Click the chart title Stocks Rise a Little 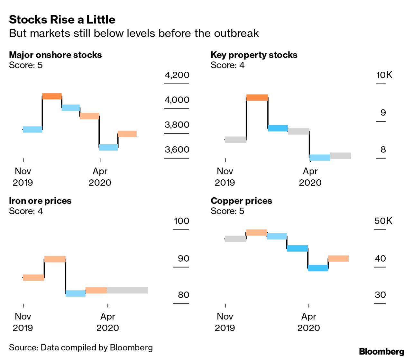coord(62,20)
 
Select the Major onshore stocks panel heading coord(55,55)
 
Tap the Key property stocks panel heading coord(254,55)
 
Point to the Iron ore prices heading coord(40,201)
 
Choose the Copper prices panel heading coord(241,201)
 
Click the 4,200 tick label coord(177,75)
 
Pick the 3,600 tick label coord(177,150)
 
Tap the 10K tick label coord(384,75)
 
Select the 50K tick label coord(383,221)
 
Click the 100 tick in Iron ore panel coord(181,221)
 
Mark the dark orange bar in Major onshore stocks coord(52,96)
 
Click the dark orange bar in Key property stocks coord(257,97)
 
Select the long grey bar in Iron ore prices coord(127,290)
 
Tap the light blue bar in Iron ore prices coord(76,293)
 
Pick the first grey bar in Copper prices coord(235,239)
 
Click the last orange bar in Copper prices coord(338,258)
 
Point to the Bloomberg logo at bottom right coord(381,351)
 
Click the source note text coord(81,347)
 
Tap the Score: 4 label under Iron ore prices coord(26,211)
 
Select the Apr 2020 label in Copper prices coord(309,322)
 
